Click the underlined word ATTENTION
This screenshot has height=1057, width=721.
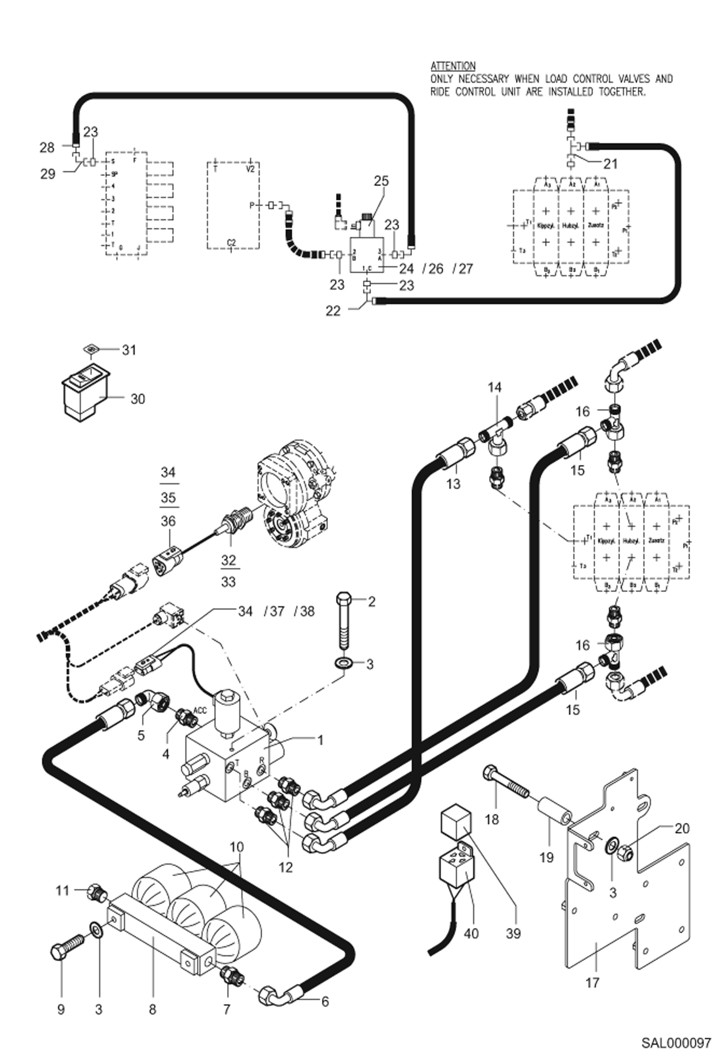452,66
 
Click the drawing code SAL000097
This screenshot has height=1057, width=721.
675,1043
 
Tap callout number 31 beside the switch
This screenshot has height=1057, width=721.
129,350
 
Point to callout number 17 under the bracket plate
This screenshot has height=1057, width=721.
592,982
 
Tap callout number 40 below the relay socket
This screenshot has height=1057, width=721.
471,933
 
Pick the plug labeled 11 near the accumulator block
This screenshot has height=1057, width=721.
96,892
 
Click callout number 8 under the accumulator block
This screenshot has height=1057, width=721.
152,1009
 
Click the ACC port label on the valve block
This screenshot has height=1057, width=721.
200,710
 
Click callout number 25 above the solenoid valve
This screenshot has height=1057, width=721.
381,181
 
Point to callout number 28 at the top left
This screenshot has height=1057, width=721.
47,147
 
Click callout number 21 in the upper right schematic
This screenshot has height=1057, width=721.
610,164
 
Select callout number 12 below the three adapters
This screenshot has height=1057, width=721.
285,867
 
